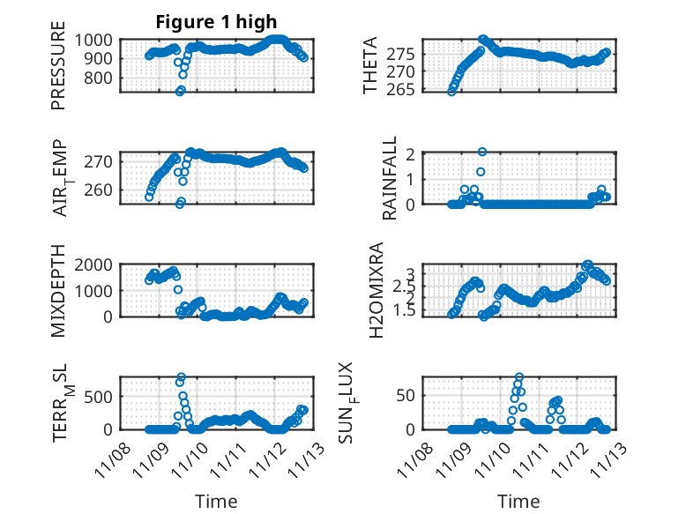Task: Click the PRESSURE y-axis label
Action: pyautogui.click(x=58, y=71)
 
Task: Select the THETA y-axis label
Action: pyautogui.click(x=370, y=65)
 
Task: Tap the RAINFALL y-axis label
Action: pyautogui.click(x=390, y=178)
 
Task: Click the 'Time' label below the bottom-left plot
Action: pyautogui.click(x=216, y=502)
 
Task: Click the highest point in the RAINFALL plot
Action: pyautogui.click(x=482, y=152)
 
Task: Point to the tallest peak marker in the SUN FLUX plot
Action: pyautogui.click(x=519, y=377)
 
